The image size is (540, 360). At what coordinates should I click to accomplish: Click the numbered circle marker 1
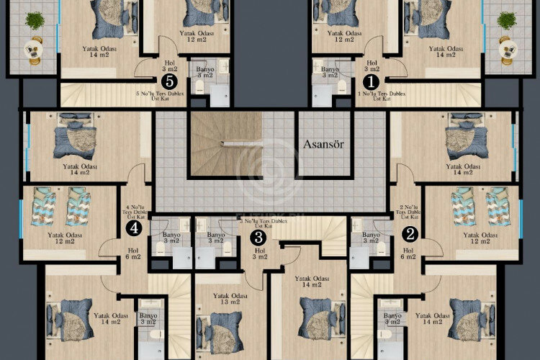[372, 81]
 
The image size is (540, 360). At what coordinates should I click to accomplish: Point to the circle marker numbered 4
[133, 228]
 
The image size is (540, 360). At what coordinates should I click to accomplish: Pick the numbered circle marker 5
[170, 81]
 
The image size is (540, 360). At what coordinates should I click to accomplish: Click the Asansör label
[323, 143]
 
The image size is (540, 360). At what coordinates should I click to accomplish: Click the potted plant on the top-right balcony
[507, 21]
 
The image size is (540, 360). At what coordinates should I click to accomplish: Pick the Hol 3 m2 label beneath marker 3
[258, 252]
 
